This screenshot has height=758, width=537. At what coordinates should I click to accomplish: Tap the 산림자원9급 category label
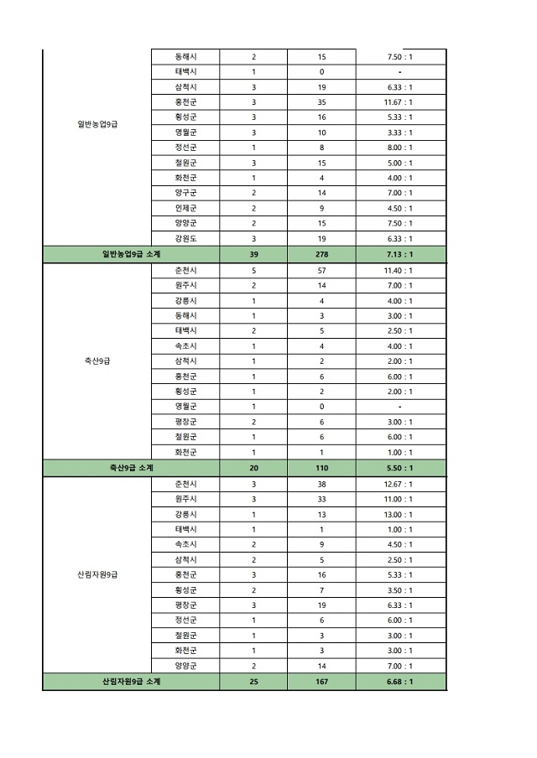point(97,575)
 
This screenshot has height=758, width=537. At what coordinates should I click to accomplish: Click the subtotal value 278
point(321,255)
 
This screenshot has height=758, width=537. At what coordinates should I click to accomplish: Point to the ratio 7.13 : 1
point(399,255)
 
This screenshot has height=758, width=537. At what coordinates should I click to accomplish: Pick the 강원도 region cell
point(185,239)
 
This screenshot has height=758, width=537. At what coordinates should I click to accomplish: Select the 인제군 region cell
point(185,209)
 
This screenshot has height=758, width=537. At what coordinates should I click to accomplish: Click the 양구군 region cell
point(185,194)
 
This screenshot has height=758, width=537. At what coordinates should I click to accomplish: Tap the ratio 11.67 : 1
point(399,102)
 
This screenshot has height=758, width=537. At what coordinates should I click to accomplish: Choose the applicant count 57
point(321,271)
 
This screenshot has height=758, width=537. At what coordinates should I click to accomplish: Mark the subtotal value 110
point(321,468)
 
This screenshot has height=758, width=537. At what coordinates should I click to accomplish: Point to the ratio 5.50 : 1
point(399,468)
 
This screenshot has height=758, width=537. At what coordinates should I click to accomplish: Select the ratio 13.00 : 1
point(399,514)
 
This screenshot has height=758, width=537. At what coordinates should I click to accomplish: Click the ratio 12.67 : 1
point(399,484)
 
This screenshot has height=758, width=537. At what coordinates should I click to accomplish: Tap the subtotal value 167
point(321,682)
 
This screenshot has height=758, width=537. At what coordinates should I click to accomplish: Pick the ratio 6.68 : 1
point(399,682)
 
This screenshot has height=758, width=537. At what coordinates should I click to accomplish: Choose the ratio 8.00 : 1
point(399,148)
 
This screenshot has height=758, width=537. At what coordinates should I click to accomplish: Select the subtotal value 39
point(253,255)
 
